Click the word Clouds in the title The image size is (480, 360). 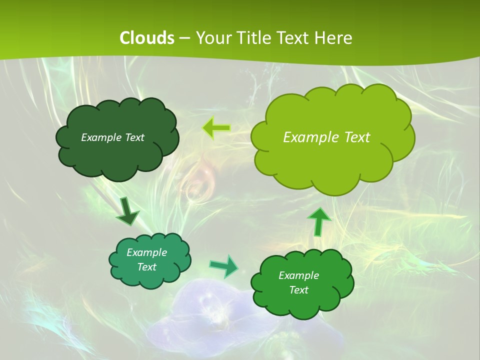(146, 38)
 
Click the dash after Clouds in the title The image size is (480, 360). (184, 38)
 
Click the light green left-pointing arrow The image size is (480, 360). (216, 128)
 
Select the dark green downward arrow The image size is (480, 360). (128, 212)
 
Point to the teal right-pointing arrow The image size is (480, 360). (224, 266)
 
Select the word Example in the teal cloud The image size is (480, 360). (147, 252)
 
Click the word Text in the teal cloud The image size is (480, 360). (147, 267)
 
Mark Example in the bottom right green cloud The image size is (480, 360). (298, 275)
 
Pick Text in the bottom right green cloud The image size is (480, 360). (298, 290)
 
